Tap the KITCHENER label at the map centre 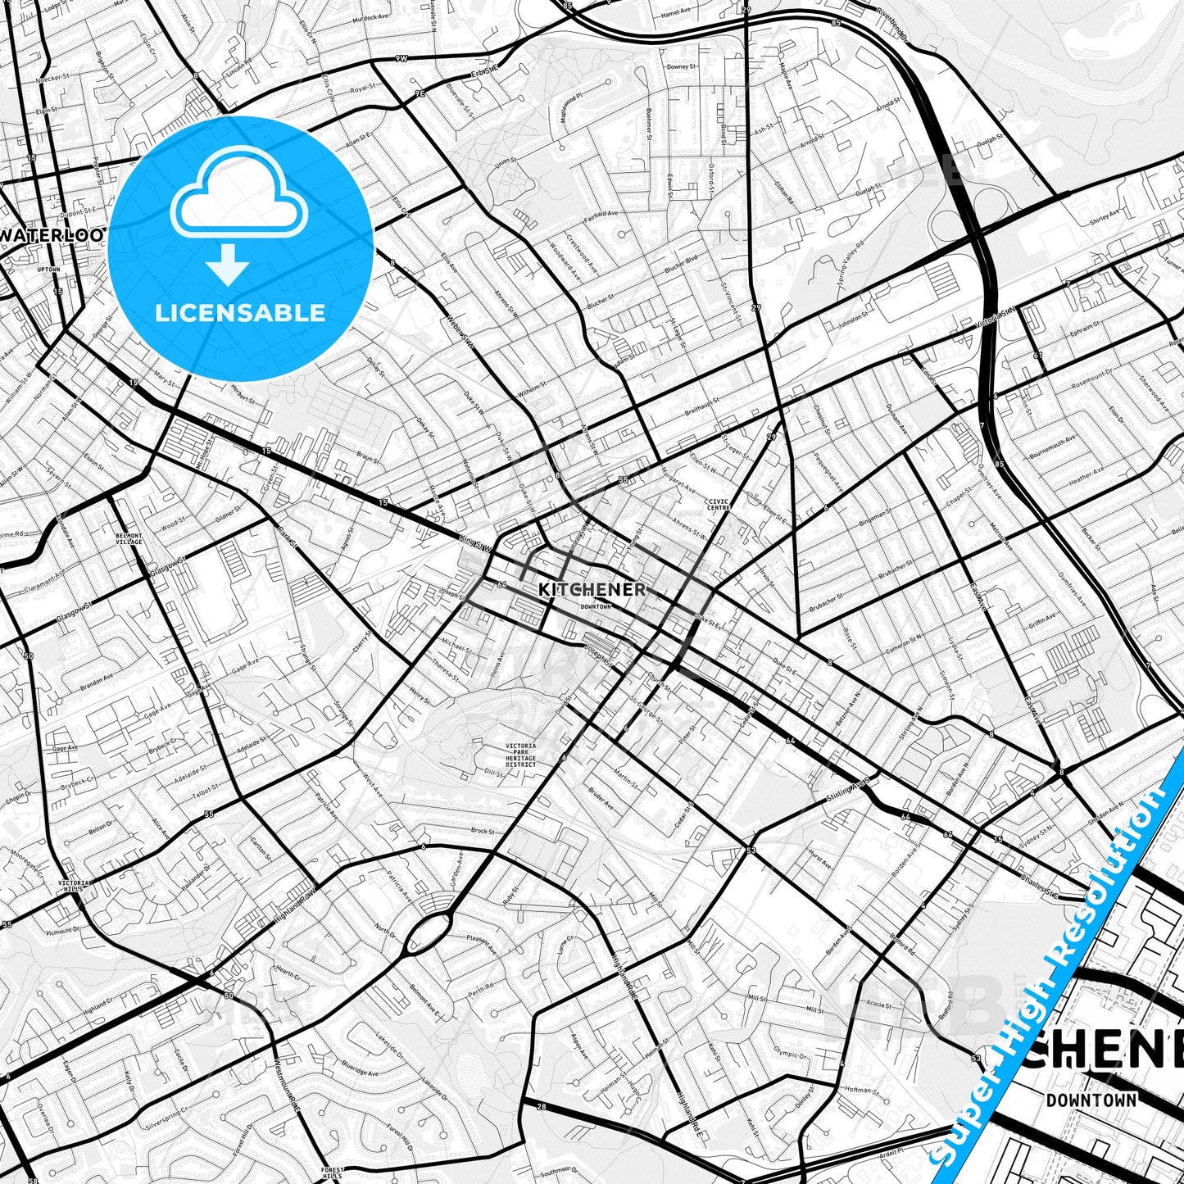pos(592,589)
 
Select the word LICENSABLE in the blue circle pos(240,313)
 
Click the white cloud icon pos(238,193)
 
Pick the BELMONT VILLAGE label pos(129,538)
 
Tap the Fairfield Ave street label pos(600,214)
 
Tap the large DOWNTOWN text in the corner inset pos(1091,1100)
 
